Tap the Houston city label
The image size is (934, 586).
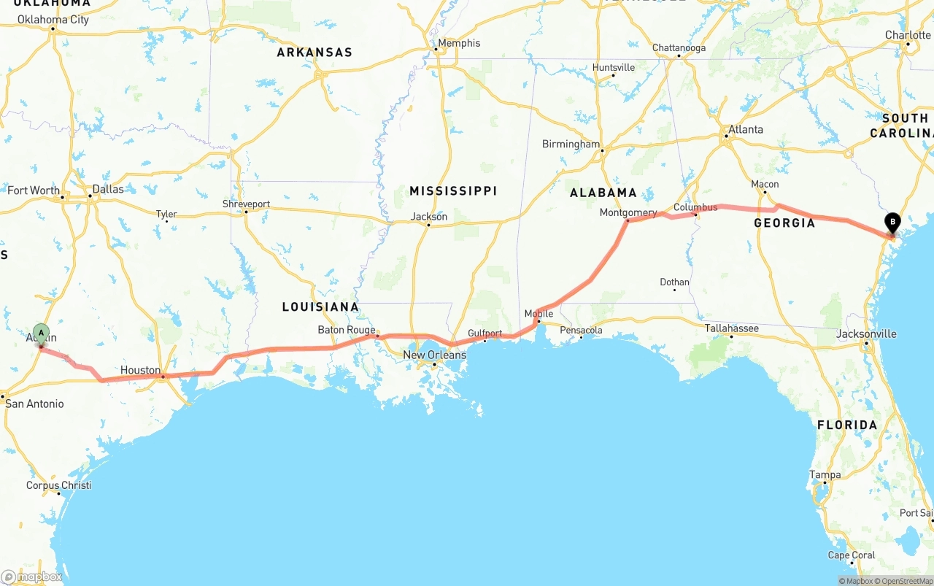point(140,370)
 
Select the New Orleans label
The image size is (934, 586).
point(434,355)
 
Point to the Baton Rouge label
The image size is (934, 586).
point(346,330)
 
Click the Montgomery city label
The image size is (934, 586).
point(628,212)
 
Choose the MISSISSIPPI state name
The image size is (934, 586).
point(452,190)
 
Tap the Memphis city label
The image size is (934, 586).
point(458,43)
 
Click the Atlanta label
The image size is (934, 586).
point(745,129)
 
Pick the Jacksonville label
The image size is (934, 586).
point(866,334)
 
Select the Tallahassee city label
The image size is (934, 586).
point(731,328)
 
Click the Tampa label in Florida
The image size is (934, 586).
point(825,474)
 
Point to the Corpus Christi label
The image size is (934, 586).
point(58,485)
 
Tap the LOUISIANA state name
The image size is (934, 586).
point(320,307)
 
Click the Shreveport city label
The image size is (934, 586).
point(246,204)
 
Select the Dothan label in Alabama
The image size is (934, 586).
point(674,282)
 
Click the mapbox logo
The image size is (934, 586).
point(31,577)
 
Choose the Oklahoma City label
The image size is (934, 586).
point(53,20)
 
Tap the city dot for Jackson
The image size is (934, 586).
point(428,225)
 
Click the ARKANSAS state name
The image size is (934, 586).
point(314,52)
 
